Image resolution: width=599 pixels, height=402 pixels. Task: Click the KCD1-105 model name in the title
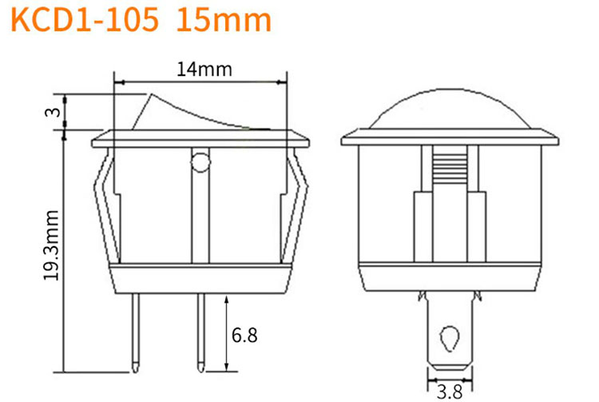pyautogui.click(x=85, y=19)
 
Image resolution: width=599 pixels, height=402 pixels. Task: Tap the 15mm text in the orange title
pyautogui.click(x=224, y=19)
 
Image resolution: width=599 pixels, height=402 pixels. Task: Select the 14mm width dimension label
pyautogui.click(x=204, y=70)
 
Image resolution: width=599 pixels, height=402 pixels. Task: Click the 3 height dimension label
pyautogui.click(x=54, y=112)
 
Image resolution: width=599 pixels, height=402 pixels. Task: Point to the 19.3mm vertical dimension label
pyautogui.click(x=51, y=245)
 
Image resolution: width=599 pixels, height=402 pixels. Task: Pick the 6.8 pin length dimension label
pyautogui.click(x=244, y=335)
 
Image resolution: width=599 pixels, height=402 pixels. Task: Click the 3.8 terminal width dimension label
pyautogui.click(x=450, y=392)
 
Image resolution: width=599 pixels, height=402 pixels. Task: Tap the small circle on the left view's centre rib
pyautogui.click(x=200, y=162)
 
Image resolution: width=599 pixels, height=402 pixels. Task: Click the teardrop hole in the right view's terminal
pyautogui.click(x=450, y=338)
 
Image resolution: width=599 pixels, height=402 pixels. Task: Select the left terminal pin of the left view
pyautogui.click(x=136, y=332)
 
